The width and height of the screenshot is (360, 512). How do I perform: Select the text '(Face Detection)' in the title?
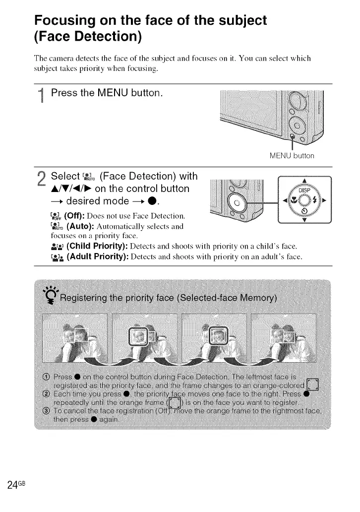click(x=88, y=36)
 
